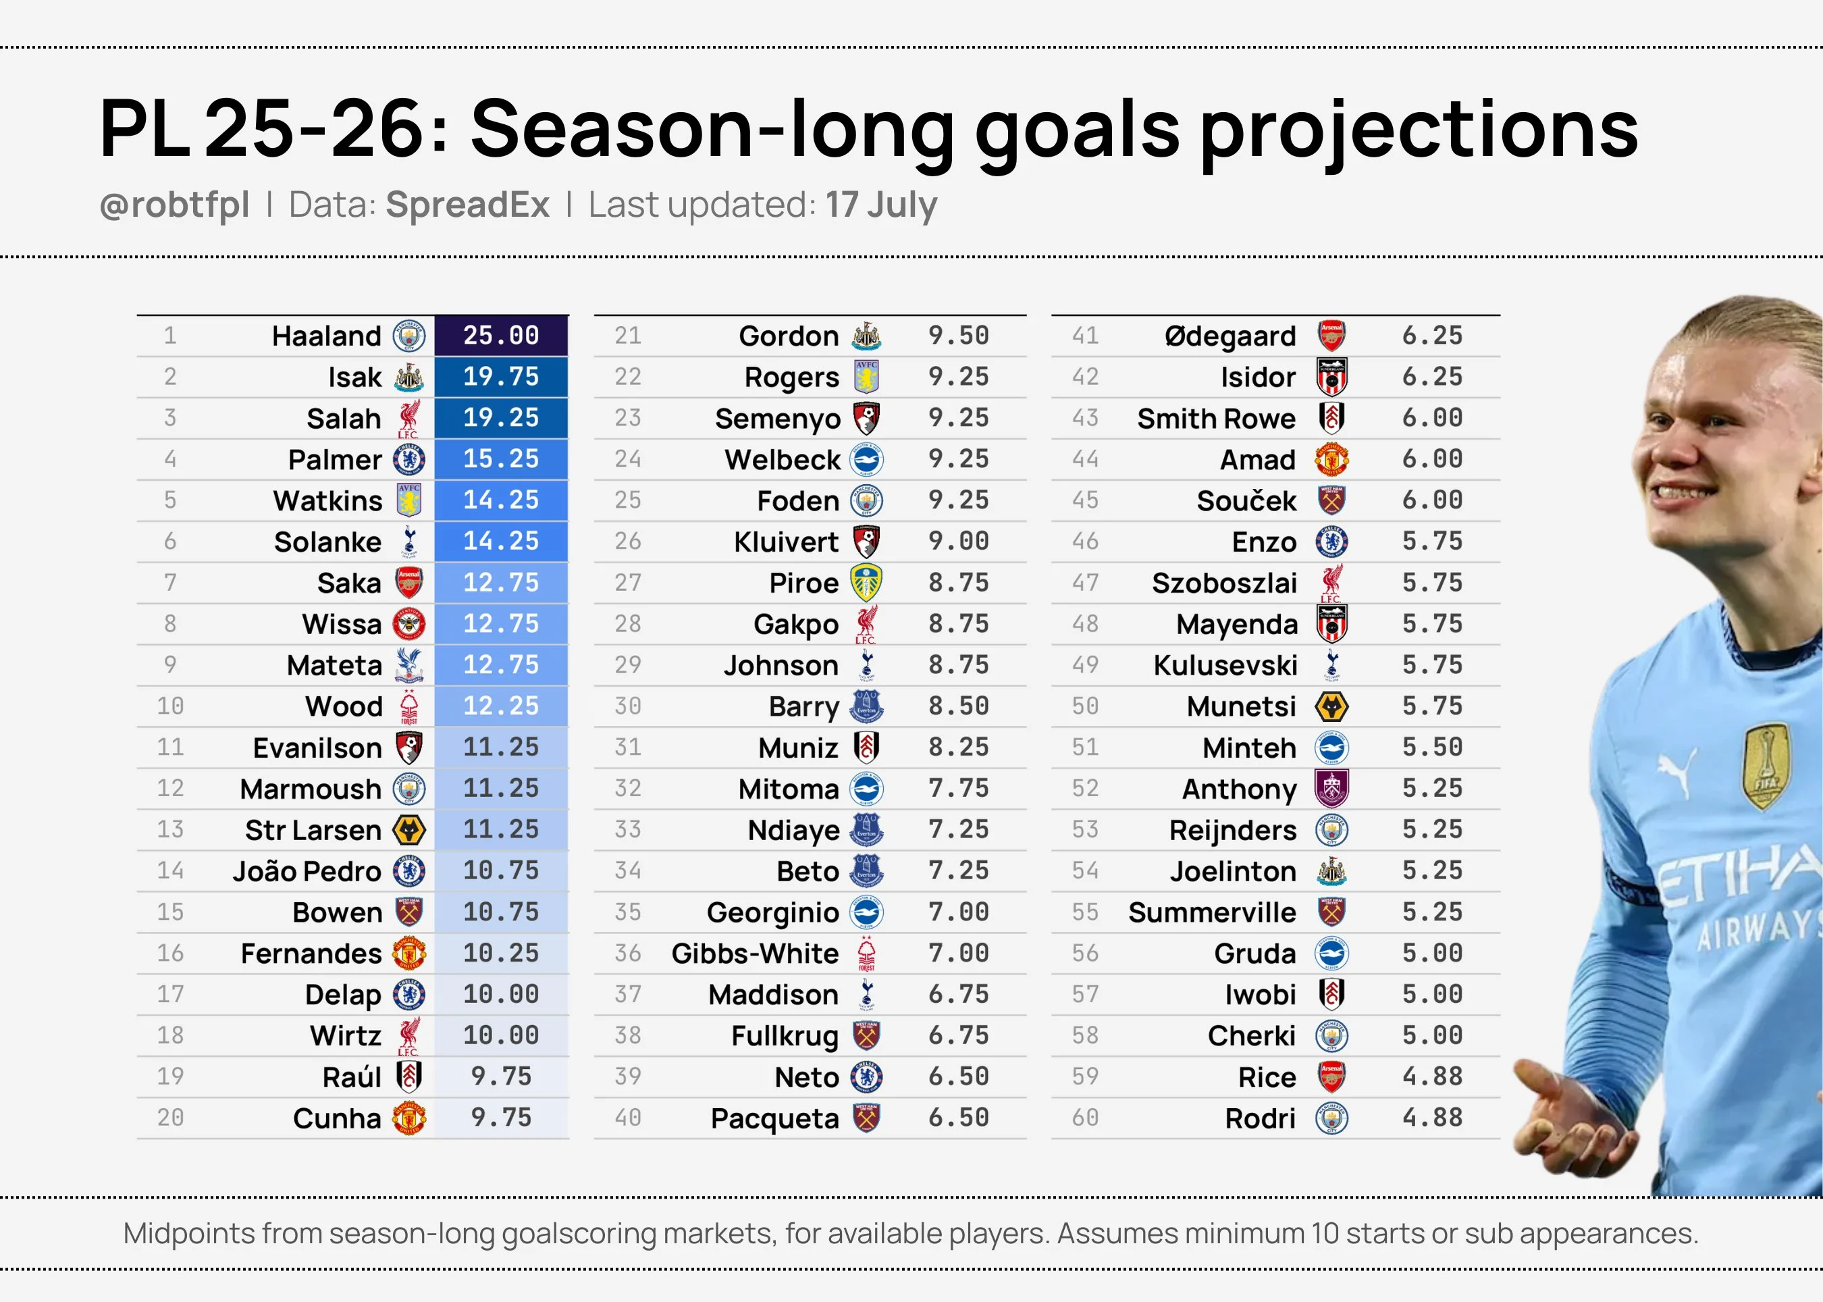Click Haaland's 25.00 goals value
501,335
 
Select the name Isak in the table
354,377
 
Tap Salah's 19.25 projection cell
501,418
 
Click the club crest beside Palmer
409,459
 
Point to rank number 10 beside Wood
170,706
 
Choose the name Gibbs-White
754,954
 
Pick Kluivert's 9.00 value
958,541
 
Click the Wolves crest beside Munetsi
1331,706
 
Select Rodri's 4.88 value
1432,1118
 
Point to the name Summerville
1211,912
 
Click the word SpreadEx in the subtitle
467,205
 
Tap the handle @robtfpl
175,205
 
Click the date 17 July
881,205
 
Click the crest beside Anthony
1331,789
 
